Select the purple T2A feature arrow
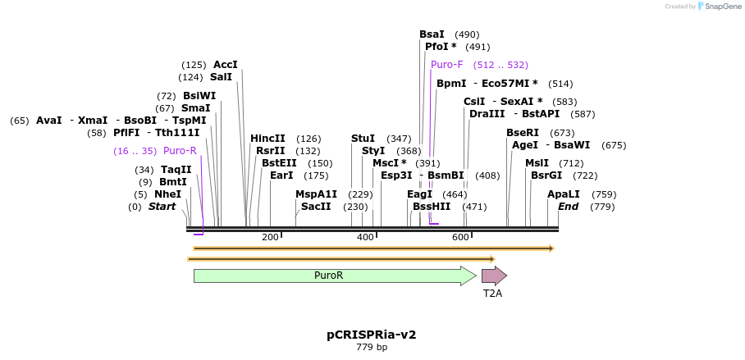pyautogui.click(x=493, y=276)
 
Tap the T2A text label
pyautogui.click(x=492, y=293)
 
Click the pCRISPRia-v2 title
pyautogui.click(x=372, y=335)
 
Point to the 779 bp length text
pyautogui.click(x=372, y=348)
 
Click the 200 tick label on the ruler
pyautogui.click(x=270, y=237)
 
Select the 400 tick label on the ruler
pyautogui.click(x=365, y=237)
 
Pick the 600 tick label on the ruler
pyautogui.click(x=459, y=237)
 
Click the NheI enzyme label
pyautogui.click(x=167, y=194)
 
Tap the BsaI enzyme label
pyautogui.click(x=432, y=34)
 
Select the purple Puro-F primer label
pyautogui.click(x=447, y=65)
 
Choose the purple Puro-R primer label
pyautogui.click(x=180, y=151)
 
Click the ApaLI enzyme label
pyautogui.click(x=564, y=194)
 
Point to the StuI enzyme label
pyautogui.click(x=363, y=139)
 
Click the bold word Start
pyautogui.click(x=162, y=207)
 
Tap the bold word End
pyautogui.click(x=569, y=207)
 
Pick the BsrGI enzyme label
pyautogui.click(x=546, y=175)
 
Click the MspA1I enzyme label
pyautogui.click(x=316, y=194)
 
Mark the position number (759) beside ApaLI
pyautogui.click(x=604, y=194)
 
